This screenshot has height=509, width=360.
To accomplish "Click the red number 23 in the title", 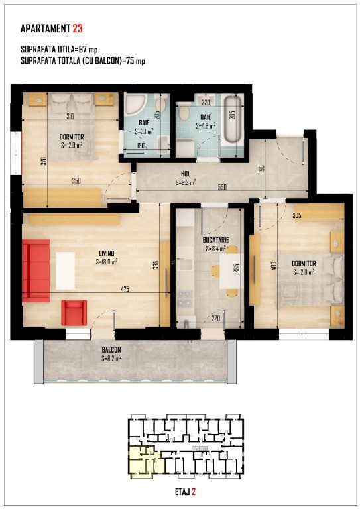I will click(78, 28).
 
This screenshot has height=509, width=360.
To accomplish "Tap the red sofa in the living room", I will click(36, 270).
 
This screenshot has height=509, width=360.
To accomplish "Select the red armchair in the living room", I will click(74, 312).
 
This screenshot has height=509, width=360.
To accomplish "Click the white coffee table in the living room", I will click(66, 270).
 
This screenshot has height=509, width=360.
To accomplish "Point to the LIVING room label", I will click(106, 253).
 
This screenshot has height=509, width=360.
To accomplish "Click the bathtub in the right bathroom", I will click(231, 119).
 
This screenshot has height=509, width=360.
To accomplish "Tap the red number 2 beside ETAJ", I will click(194, 492).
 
